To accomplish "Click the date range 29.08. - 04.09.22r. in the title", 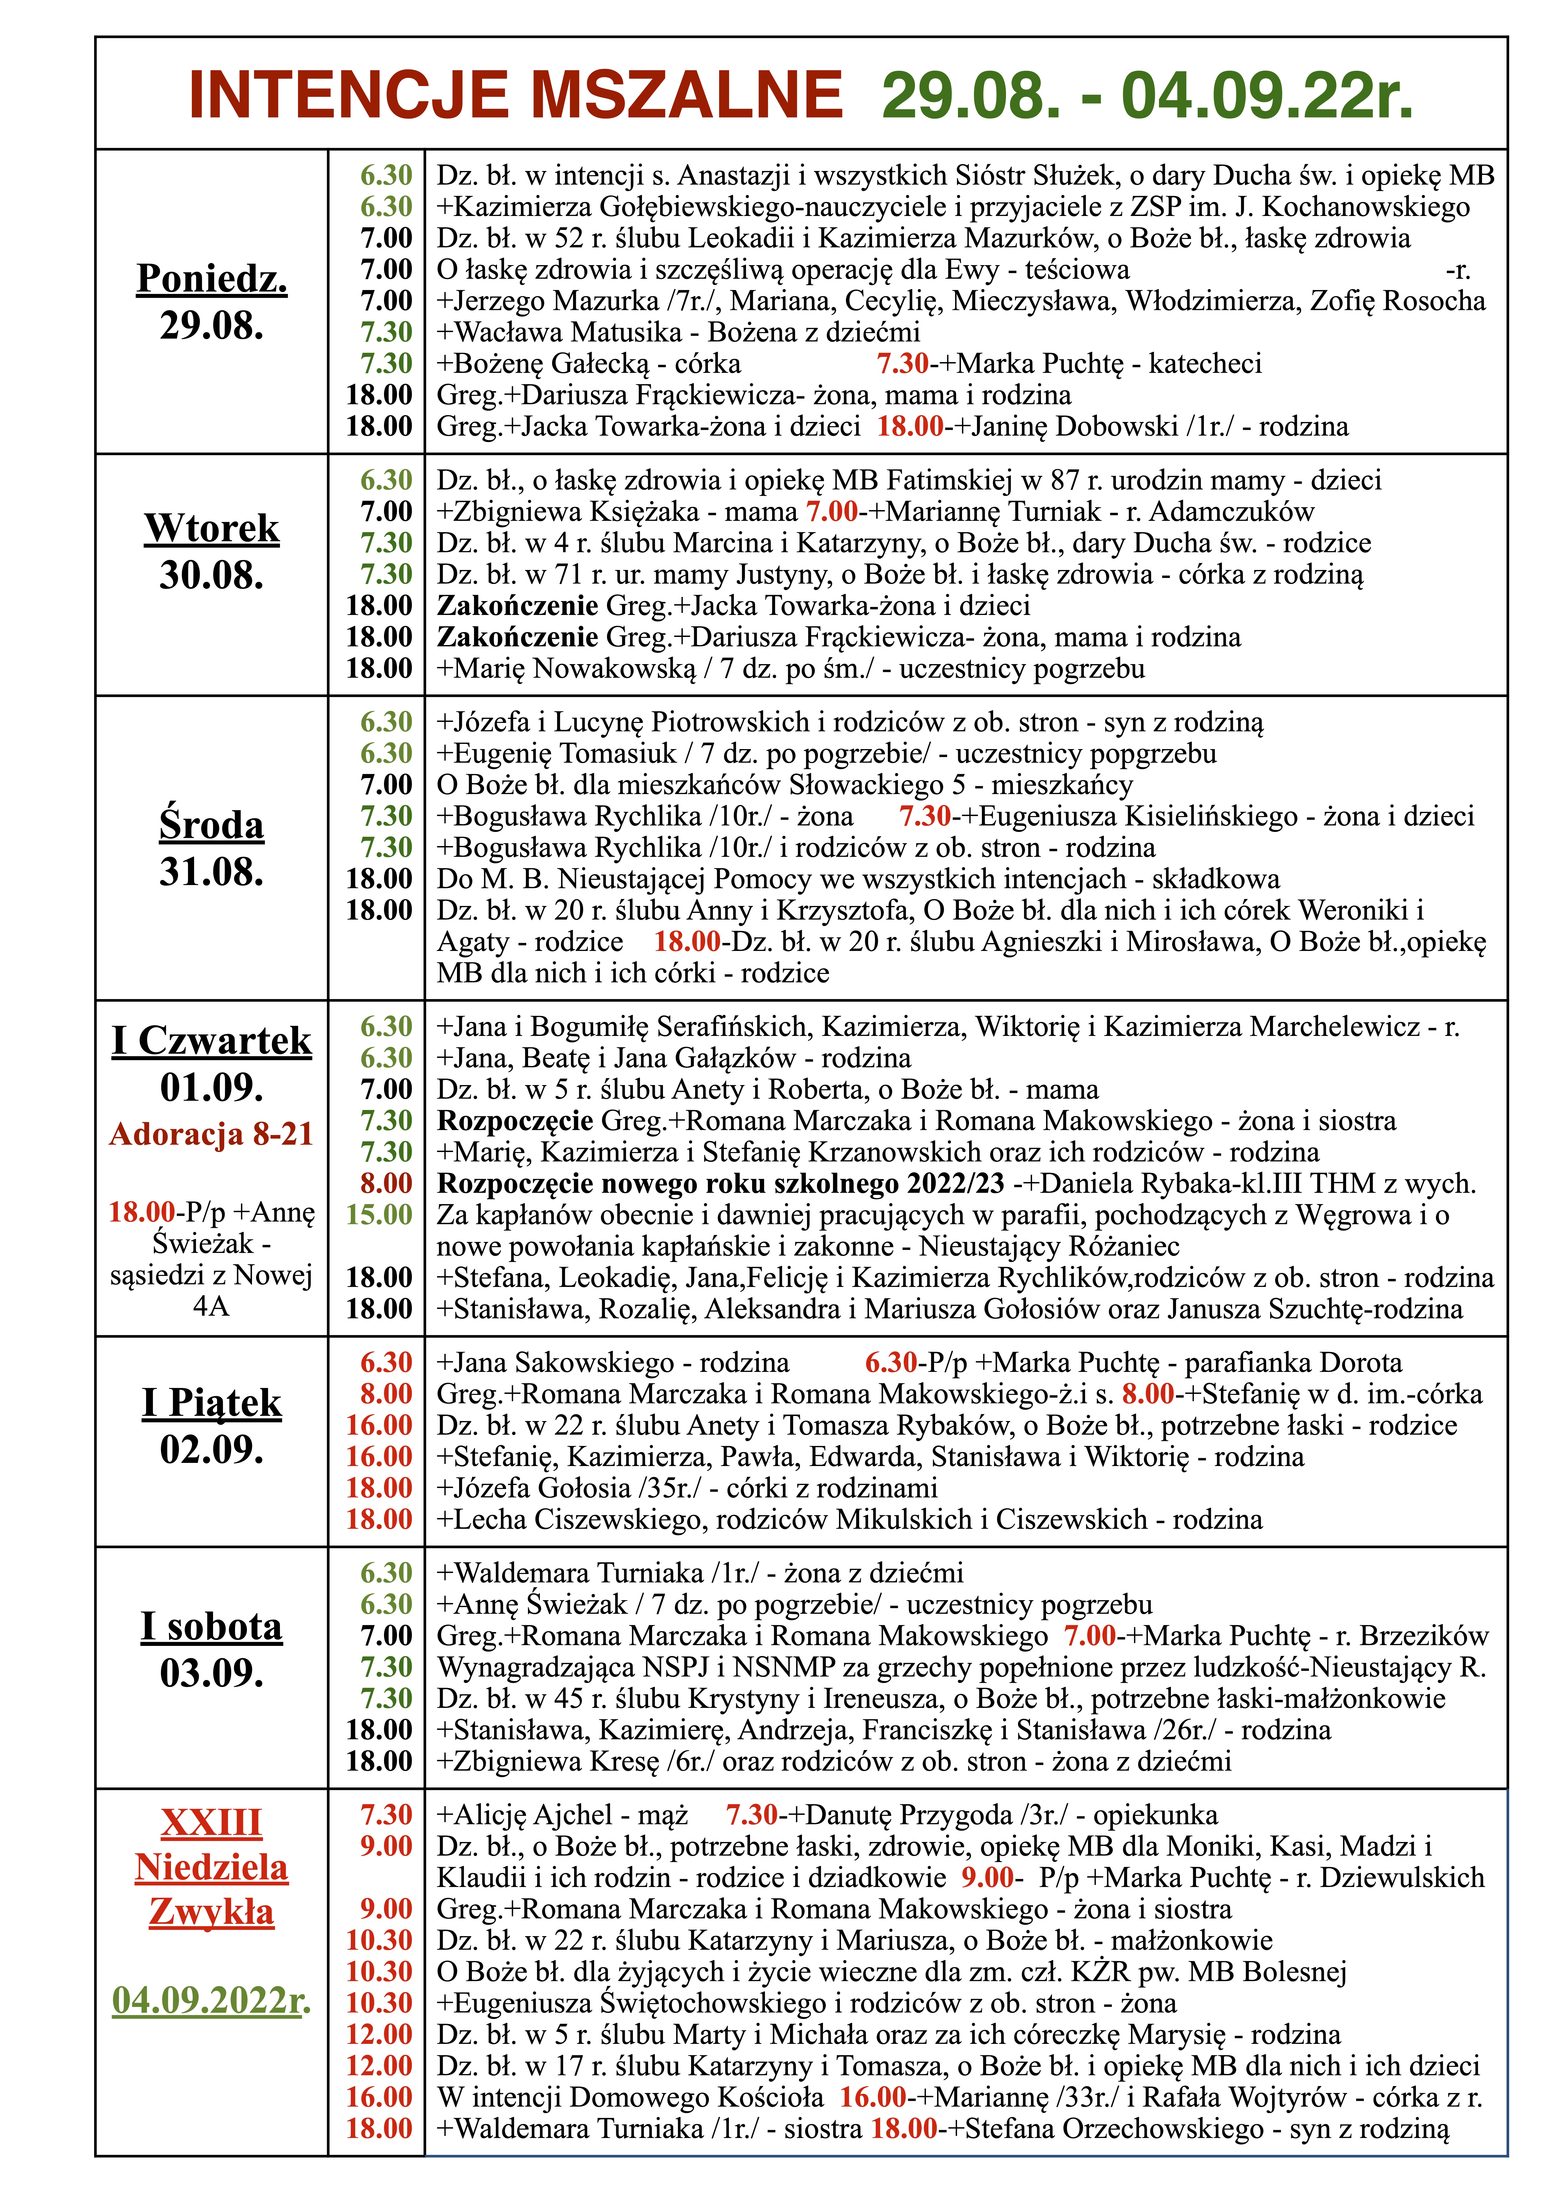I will click(x=1147, y=95).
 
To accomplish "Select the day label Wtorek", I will click(x=212, y=528).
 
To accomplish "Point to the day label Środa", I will click(x=212, y=825).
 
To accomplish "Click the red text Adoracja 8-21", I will click(x=212, y=1134).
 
